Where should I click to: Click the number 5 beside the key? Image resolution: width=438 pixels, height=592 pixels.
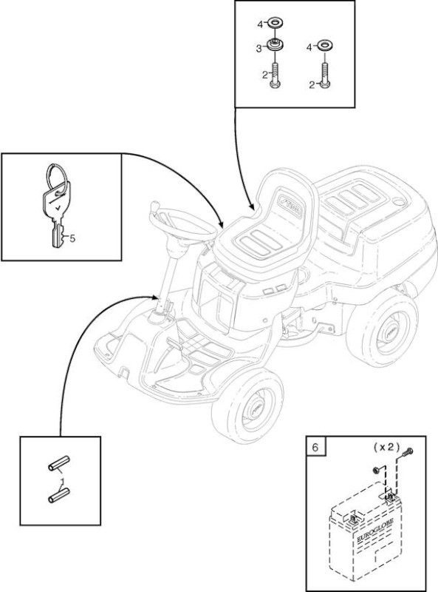(72, 238)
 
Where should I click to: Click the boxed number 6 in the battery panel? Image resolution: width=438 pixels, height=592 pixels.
(315, 447)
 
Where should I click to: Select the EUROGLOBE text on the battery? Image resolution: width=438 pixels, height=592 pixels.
(374, 530)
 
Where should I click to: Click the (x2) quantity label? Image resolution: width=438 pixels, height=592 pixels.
(386, 447)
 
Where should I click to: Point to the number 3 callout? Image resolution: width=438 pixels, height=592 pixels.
(259, 49)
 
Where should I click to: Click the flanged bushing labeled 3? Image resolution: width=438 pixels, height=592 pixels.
(275, 46)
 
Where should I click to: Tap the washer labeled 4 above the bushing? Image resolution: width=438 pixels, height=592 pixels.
(276, 23)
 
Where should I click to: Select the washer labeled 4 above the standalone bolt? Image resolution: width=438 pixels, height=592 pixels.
(325, 46)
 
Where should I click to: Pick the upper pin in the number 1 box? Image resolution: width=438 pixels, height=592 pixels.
(59, 463)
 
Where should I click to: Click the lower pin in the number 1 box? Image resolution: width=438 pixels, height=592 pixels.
(59, 495)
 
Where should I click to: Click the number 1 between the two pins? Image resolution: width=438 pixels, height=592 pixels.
(62, 480)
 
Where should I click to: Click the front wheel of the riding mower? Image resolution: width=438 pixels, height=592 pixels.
(247, 406)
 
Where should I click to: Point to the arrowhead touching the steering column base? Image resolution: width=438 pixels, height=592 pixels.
(156, 297)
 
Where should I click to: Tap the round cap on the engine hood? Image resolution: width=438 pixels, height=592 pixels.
(397, 201)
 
